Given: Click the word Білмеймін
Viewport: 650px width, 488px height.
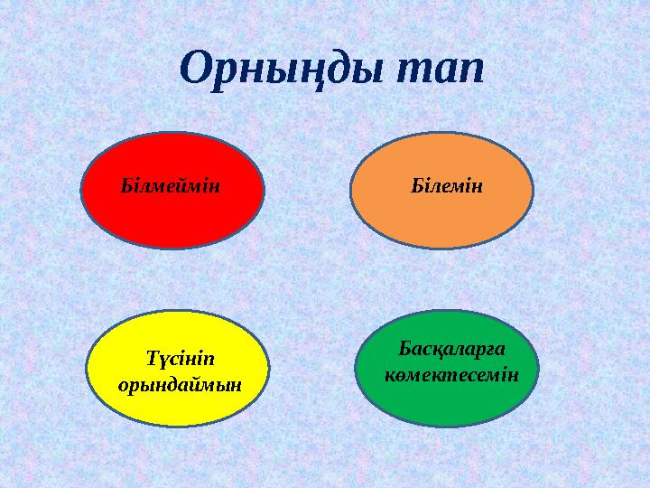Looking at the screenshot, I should pos(172,186).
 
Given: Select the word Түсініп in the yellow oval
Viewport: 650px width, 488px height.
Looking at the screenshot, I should pos(181,358).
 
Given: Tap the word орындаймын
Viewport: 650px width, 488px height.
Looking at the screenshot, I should pos(181,382).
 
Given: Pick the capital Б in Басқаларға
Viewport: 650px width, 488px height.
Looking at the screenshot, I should pos(404,349).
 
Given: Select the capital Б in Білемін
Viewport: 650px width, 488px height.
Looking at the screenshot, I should pos(416,186).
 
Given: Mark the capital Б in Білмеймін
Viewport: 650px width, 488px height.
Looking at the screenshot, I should pos(126,186).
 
